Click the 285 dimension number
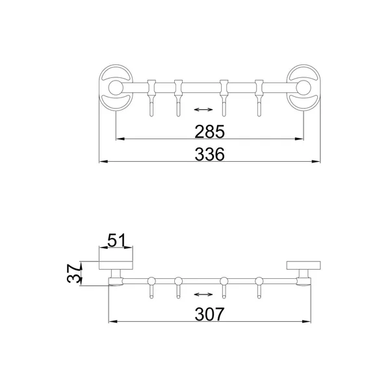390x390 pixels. point(209,131)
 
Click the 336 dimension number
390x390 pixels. point(209,154)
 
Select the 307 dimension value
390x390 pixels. point(209,314)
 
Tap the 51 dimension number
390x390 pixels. point(116,240)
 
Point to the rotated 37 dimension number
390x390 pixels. point(74,274)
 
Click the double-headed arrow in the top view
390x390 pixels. point(203,109)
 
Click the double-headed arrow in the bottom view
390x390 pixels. point(203,294)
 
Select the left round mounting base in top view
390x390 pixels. point(116,88)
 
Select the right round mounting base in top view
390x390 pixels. point(304,88)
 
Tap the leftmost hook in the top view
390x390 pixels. point(151,98)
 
